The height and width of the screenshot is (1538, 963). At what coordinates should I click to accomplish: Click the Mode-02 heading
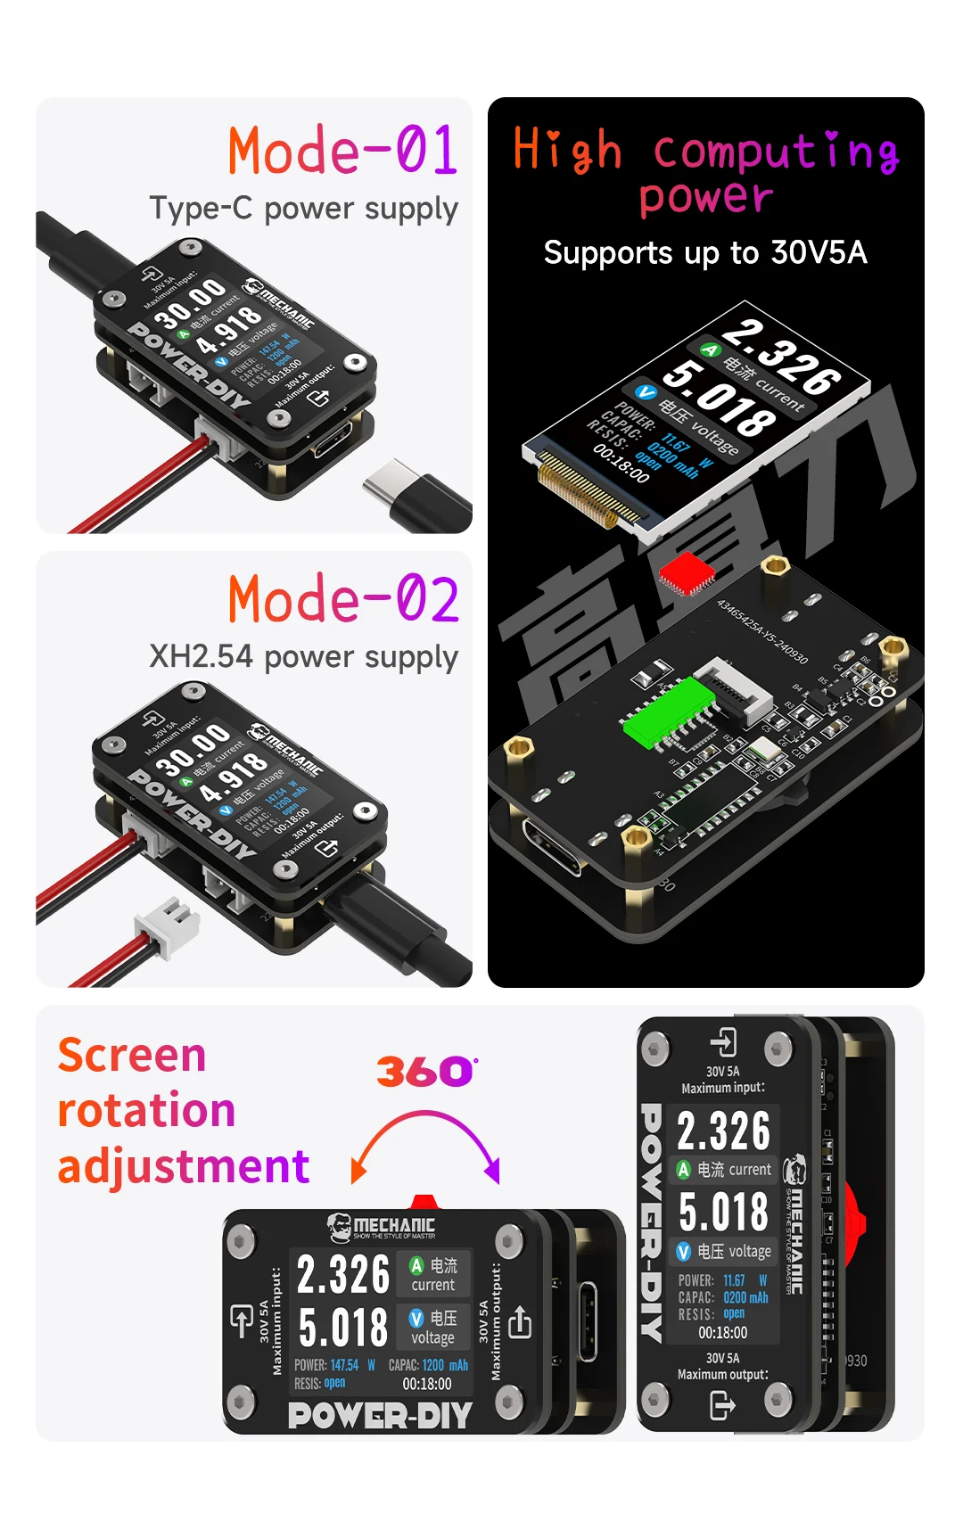click(343, 598)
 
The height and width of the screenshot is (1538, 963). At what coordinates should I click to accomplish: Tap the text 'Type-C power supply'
click(303, 209)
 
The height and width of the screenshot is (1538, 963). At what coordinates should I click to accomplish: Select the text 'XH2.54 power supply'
click(303, 657)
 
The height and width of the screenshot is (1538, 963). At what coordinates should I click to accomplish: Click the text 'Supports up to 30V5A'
click(705, 253)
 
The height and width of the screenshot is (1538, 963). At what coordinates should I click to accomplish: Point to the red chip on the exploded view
click(686, 572)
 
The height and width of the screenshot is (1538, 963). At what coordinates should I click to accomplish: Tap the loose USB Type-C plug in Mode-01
click(418, 495)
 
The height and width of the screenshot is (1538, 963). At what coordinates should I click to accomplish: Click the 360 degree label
click(426, 1071)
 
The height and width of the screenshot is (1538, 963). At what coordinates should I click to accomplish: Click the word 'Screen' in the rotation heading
click(132, 1056)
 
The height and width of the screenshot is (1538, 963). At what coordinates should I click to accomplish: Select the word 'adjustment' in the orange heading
click(184, 1166)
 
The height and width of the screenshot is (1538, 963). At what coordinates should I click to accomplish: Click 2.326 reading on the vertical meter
click(723, 1131)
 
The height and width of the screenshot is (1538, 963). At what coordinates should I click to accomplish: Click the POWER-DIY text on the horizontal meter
click(380, 1415)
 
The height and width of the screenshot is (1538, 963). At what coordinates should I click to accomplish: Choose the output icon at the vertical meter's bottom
click(722, 1406)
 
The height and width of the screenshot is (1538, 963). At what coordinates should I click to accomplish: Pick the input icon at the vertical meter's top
click(723, 1042)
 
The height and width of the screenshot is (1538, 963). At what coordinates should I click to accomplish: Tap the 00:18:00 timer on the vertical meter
click(723, 1333)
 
